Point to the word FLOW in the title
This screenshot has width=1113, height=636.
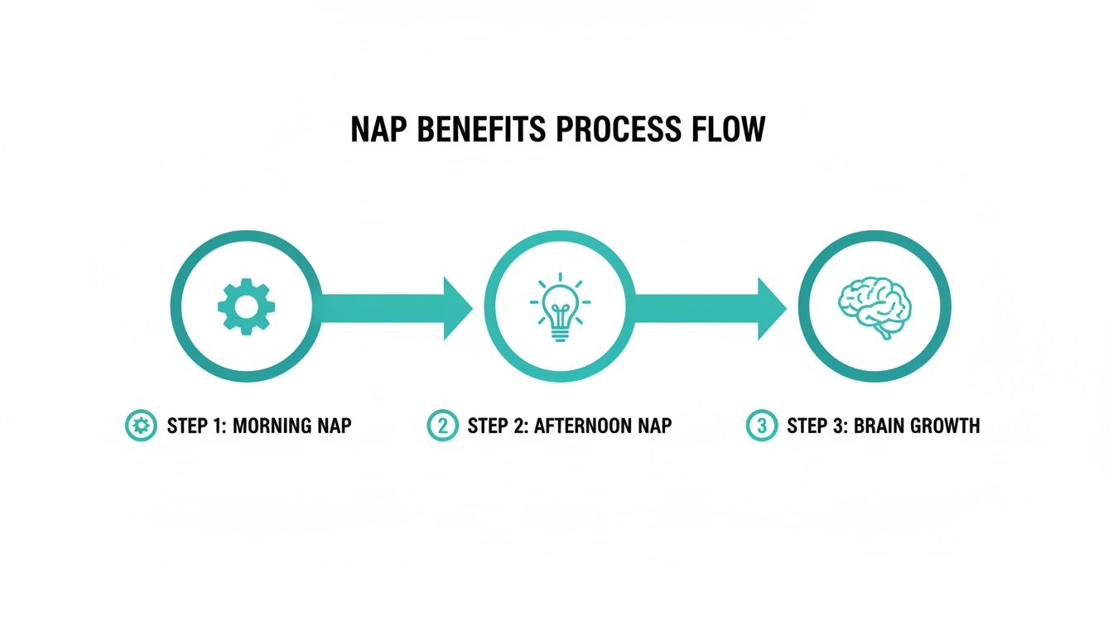[x=726, y=130]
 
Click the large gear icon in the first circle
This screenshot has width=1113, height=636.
[x=246, y=307]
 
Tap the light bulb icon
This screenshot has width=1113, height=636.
[x=560, y=307]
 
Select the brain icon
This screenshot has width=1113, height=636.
[x=874, y=306]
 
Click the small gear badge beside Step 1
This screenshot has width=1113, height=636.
[x=141, y=426]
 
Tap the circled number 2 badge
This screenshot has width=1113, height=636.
[x=443, y=426]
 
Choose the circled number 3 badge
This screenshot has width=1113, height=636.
[x=761, y=426]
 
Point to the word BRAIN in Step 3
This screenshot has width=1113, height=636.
[x=876, y=426]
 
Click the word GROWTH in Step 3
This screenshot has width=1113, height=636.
[x=945, y=426]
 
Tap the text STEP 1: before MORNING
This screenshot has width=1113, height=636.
[x=196, y=426]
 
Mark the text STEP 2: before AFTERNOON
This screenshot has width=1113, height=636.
[x=498, y=426]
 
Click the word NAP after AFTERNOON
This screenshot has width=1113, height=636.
[x=653, y=426]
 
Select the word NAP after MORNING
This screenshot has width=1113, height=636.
[x=333, y=426]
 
